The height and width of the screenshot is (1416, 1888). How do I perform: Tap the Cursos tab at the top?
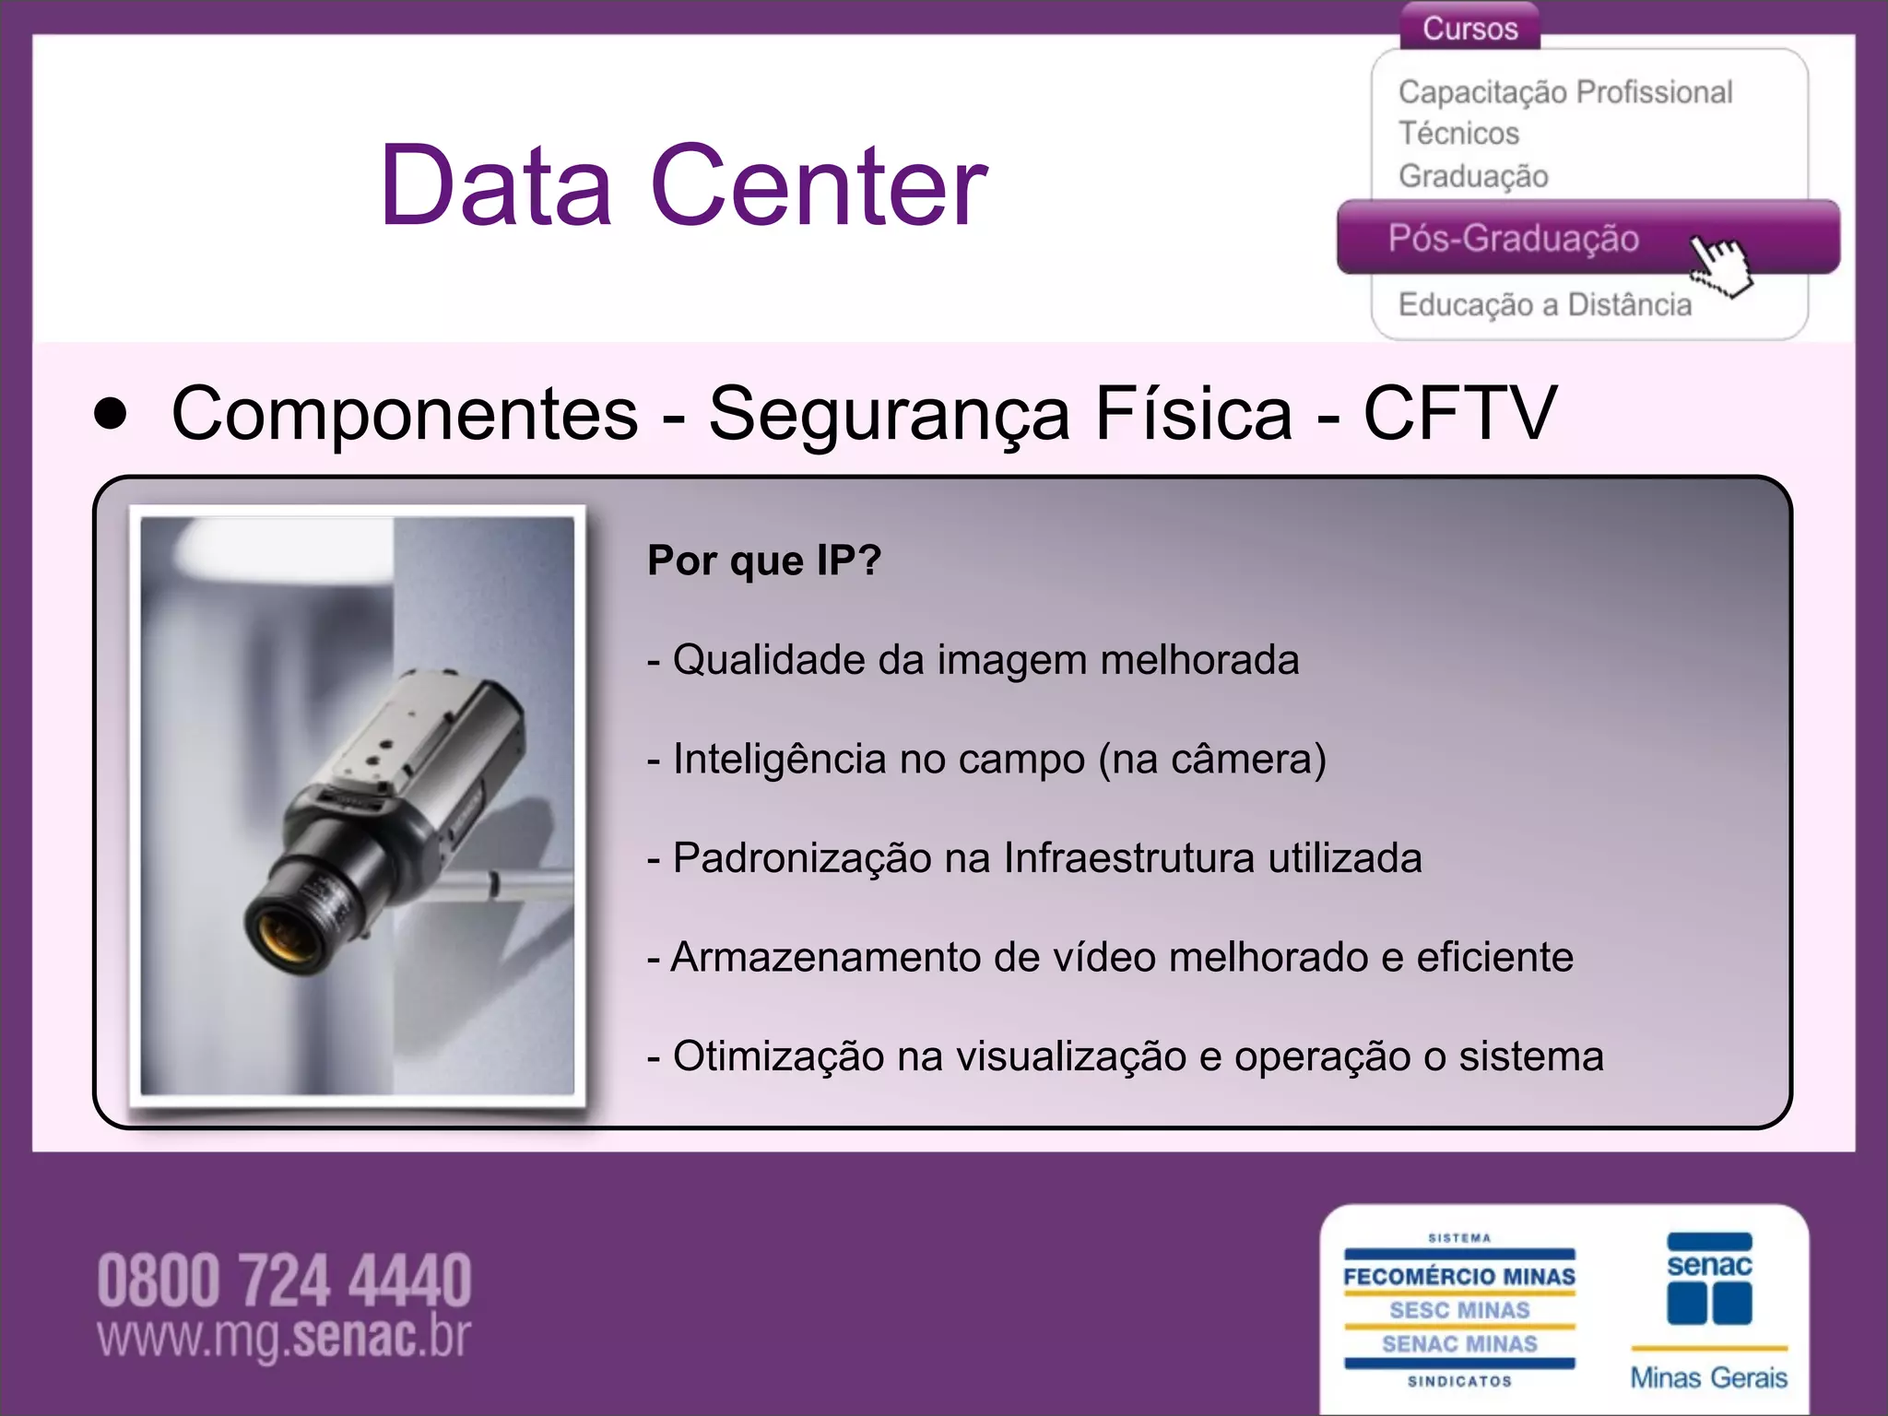pos(1469,28)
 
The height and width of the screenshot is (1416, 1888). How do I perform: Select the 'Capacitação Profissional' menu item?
pos(1565,92)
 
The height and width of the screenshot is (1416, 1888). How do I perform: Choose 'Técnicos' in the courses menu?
pos(1458,134)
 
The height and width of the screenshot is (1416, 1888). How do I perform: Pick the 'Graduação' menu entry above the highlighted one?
pos(1473,175)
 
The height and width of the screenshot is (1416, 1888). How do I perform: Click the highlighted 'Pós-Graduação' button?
pos(1514,239)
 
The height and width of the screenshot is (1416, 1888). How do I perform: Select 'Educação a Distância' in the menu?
pos(1545,304)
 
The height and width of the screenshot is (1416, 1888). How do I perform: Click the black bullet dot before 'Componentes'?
pos(111,414)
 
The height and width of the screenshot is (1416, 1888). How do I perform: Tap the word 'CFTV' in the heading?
pos(1459,414)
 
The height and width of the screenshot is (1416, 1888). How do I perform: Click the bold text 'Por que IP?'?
pos(764,560)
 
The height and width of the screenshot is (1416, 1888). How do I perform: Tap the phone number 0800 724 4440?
pos(284,1280)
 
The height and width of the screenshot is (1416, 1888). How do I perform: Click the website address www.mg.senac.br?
pos(284,1337)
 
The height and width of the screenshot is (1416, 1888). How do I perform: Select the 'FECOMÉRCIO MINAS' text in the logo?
pos(1459,1277)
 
